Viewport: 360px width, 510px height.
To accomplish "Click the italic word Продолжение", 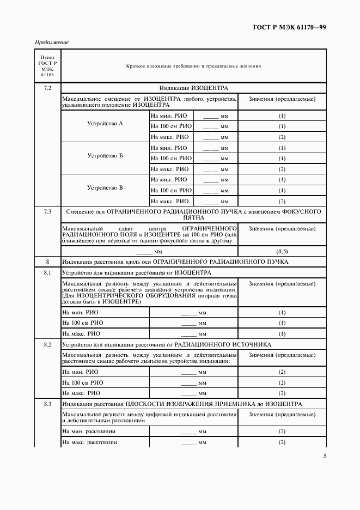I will pyautogui.click(x=52, y=42).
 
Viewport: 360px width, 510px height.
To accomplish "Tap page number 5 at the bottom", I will pyautogui.click(x=325, y=456).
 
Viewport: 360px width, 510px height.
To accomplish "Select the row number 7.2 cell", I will pyautogui.click(x=47, y=88).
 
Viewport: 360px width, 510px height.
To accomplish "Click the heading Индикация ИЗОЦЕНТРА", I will pyautogui.click(x=193, y=88).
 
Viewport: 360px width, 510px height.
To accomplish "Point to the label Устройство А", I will pyautogui.click(x=105, y=124).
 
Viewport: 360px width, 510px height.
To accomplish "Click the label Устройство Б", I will pyautogui.click(x=105, y=156).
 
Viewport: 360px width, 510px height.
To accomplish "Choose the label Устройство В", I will pyautogui.click(x=105, y=188).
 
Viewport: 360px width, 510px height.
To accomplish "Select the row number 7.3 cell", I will pyautogui.click(x=47, y=211).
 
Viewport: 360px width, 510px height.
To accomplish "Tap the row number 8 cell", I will pyautogui.click(x=47, y=262).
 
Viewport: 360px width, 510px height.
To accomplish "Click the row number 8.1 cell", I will pyautogui.click(x=47, y=272).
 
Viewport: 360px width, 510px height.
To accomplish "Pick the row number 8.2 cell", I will pyautogui.click(x=47, y=344).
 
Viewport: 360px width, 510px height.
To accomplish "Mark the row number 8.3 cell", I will pyautogui.click(x=47, y=404).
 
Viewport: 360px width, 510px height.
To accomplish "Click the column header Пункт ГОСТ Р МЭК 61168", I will pyautogui.click(x=47, y=66).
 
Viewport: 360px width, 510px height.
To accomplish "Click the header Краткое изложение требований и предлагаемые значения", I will pyautogui.click(x=193, y=66).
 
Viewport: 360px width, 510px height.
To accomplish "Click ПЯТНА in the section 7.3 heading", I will pyautogui.click(x=193, y=217).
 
